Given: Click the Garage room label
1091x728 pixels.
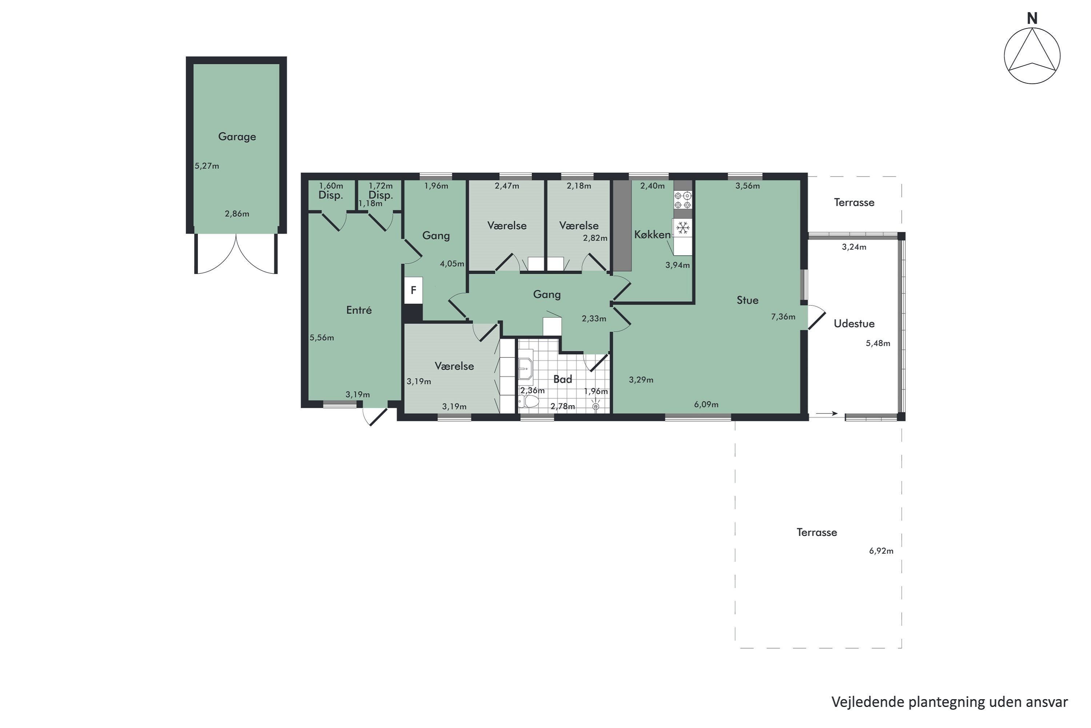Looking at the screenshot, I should coord(237,136).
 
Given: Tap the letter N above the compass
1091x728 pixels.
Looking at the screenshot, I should coord(1032,19).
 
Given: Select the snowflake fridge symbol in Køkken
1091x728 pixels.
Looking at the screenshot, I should coord(682,228).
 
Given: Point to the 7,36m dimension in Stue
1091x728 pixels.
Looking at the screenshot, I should coord(783,317).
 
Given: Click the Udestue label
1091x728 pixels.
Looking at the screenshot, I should coord(854,324).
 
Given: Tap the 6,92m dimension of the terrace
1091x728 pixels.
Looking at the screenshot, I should coord(881,551).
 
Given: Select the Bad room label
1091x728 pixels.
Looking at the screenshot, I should coord(562,379).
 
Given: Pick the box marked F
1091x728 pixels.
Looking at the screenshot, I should coord(413,290).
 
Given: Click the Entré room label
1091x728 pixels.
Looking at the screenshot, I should coord(359,310).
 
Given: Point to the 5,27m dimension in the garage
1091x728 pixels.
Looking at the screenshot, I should coord(207,166).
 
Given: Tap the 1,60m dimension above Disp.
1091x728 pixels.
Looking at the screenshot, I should coord(331,186).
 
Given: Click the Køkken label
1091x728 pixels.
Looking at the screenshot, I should coord(652,235).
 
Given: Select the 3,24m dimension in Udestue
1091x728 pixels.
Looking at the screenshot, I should coord(854,247).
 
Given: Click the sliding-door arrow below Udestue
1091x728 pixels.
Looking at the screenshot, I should coord(827,413).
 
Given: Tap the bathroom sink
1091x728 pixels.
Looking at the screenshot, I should coord(525,369).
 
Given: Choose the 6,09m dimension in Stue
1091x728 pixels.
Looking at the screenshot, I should coord(706,404).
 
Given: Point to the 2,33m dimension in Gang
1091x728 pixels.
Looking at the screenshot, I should coord(594,318).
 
